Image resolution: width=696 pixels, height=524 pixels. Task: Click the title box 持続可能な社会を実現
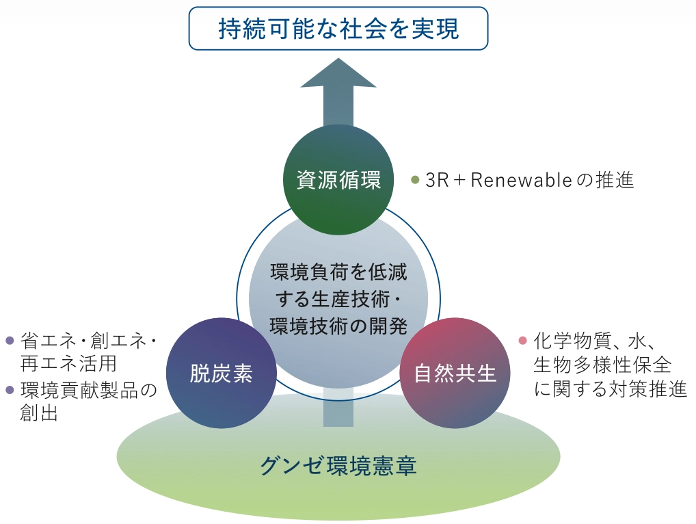tap(338, 29)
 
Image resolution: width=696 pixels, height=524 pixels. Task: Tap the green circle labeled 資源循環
tap(338, 180)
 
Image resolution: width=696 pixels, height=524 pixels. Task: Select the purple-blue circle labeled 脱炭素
tap(221, 374)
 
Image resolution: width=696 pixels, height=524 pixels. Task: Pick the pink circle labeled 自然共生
tap(455, 374)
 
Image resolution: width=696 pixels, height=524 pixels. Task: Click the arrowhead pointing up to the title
tap(338, 75)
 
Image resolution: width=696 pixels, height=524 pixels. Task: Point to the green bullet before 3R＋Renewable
tap(414, 181)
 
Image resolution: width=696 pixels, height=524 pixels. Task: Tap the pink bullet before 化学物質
tap(523, 341)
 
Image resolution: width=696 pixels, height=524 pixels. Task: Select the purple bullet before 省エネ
tap(10, 341)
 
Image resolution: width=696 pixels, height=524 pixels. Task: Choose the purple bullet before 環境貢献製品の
tap(10, 391)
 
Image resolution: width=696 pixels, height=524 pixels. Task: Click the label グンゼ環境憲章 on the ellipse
tap(338, 467)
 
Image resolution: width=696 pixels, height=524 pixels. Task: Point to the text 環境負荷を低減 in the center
tap(338, 272)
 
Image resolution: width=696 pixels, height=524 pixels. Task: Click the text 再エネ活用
tap(68, 362)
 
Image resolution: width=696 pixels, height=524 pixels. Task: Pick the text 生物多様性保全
tap(602, 364)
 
